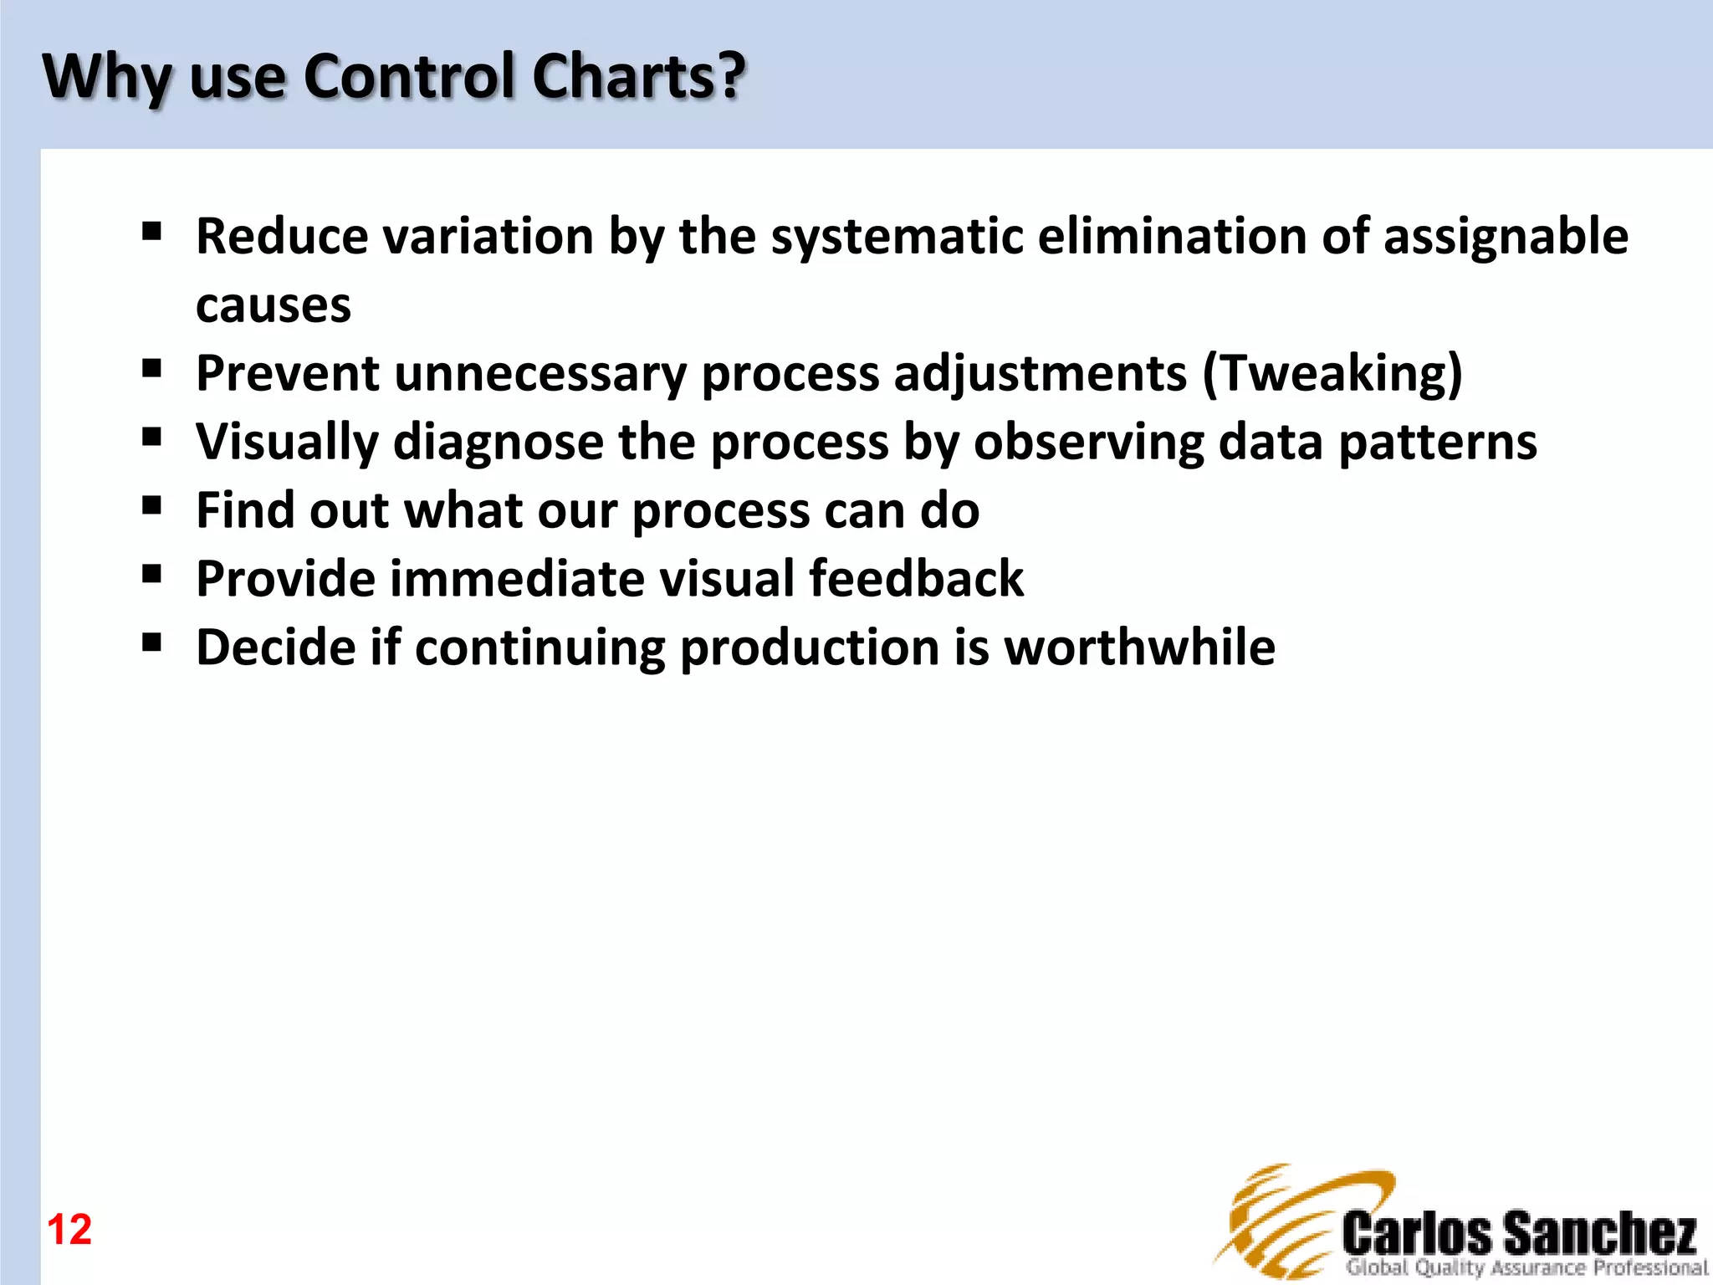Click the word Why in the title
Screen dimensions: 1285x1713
coord(106,77)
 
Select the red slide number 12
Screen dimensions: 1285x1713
coord(69,1230)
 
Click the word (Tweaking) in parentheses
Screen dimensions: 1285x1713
coord(1332,373)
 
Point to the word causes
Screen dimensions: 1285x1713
coord(274,306)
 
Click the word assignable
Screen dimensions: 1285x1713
coord(1506,237)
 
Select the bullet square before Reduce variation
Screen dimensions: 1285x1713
coord(151,231)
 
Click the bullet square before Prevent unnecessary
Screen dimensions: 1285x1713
coord(151,368)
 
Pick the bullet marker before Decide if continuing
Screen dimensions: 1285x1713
coord(151,642)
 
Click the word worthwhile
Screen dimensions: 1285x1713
coord(1139,648)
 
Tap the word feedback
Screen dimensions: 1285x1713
coord(916,579)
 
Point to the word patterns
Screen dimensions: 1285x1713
coord(1438,442)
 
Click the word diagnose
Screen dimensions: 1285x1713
coord(498,443)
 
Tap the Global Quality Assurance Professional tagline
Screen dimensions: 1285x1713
coord(1526,1268)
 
